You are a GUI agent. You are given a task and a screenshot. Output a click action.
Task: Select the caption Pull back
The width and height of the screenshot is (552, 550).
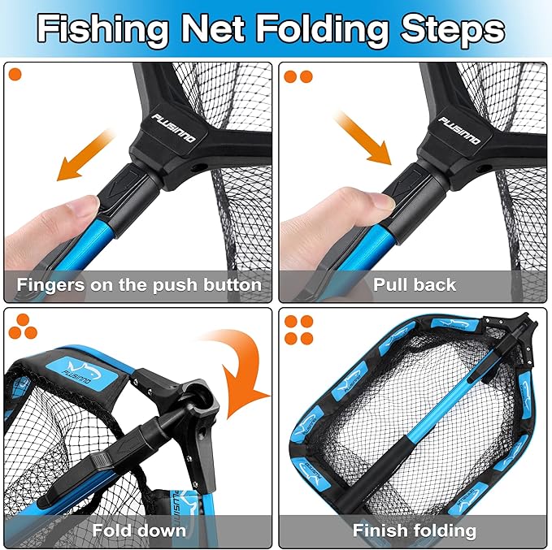click(x=415, y=285)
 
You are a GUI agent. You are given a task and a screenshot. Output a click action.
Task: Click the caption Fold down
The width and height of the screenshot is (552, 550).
click(x=139, y=531)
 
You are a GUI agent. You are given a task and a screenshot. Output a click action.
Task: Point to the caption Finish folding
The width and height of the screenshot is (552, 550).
click(x=414, y=531)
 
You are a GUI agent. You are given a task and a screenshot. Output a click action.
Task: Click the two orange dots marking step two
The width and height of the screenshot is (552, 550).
click(x=298, y=76)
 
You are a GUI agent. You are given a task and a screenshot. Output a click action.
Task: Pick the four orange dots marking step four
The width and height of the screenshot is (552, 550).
click(x=298, y=328)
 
